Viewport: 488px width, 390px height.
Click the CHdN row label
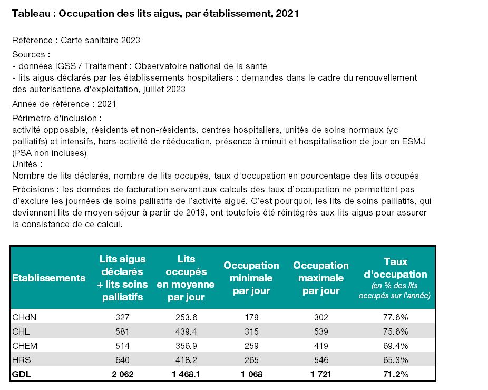24,317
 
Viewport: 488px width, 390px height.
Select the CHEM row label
25,346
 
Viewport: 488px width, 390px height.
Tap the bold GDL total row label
22,374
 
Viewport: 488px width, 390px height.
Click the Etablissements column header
48,278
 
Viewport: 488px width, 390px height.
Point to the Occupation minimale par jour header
251,278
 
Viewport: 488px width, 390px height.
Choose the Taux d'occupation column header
395,278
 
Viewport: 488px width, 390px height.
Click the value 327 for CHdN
122,317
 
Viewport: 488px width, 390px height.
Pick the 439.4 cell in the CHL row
186,331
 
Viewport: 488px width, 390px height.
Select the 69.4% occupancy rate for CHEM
395,346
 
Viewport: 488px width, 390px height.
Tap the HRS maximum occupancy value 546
321,360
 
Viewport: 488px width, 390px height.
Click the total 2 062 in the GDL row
123,374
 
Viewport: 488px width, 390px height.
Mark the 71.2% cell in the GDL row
396,374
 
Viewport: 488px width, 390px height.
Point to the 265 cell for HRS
251,360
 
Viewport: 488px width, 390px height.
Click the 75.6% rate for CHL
395,331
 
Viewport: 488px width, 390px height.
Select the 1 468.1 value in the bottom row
186,374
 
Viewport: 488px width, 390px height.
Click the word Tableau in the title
31,14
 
